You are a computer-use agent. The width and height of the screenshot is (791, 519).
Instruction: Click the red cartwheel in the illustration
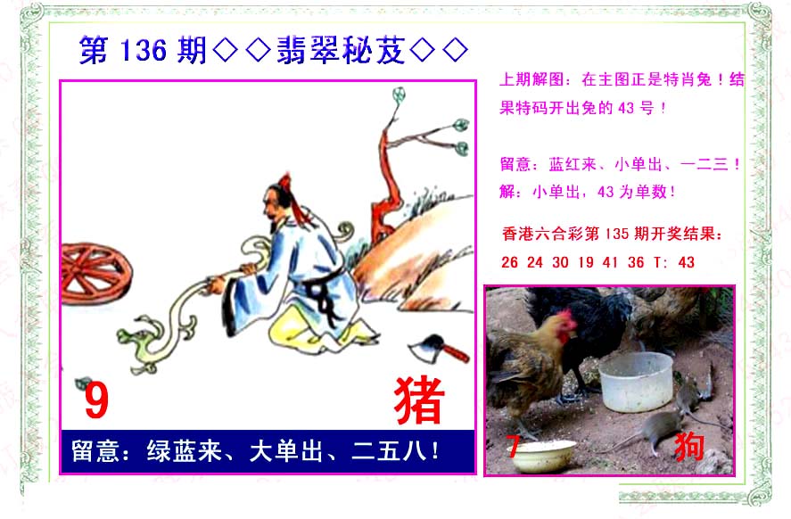(95, 275)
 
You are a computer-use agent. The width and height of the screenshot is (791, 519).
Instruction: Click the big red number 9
(96, 400)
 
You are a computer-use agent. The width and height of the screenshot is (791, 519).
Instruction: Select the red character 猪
(419, 400)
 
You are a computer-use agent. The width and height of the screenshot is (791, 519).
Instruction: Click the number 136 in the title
(144, 51)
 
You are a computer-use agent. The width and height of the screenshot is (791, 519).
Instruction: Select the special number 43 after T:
(686, 262)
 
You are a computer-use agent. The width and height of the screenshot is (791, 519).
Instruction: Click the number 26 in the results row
(509, 262)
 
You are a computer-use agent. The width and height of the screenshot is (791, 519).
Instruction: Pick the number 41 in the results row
(610, 262)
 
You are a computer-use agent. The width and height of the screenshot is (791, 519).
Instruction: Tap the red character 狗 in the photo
(689, 446)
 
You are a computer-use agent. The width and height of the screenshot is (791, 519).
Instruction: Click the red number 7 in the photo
(513, 447)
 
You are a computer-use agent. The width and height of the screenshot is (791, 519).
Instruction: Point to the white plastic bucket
(636, 382)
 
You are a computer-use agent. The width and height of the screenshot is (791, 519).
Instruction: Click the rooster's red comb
(566, 324)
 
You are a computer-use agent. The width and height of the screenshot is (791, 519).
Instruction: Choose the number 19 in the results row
(586, 262)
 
